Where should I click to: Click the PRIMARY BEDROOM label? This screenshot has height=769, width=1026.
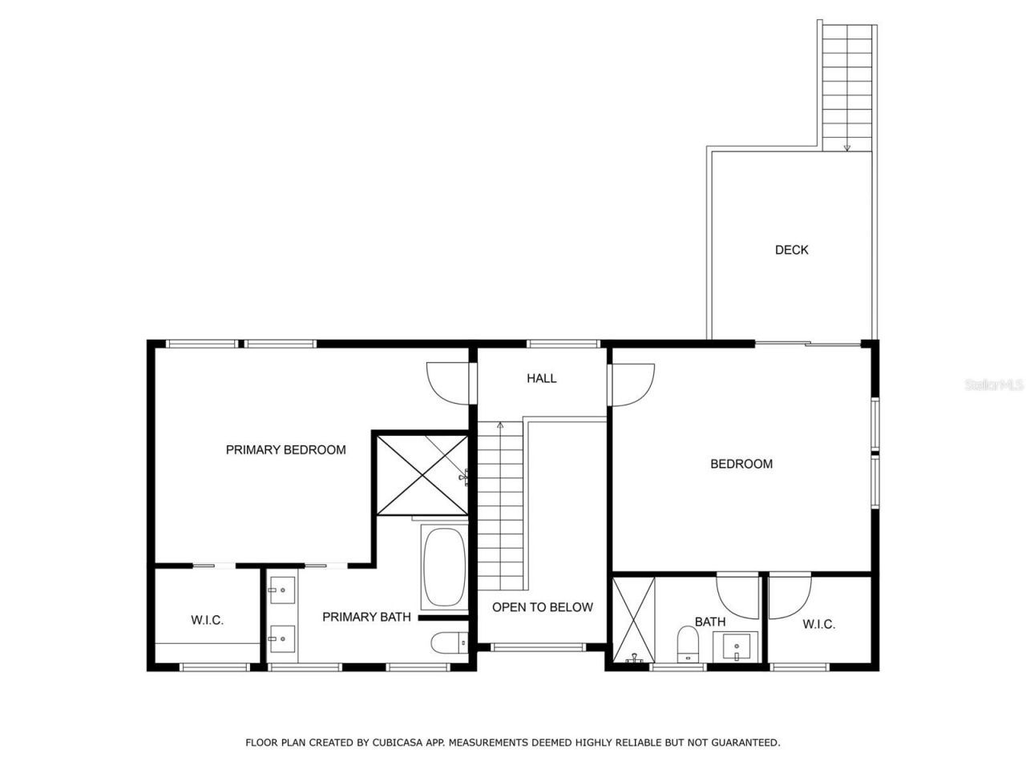[285, 450]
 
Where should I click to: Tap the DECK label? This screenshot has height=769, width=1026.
[791, 250]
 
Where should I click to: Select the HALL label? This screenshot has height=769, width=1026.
[541, 378]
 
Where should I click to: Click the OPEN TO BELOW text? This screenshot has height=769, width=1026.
[542, 607]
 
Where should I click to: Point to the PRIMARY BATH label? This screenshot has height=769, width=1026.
[366, 617]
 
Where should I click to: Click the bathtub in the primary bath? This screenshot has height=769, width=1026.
[443, 566]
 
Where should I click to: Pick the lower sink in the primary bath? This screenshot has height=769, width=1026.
[281, 639]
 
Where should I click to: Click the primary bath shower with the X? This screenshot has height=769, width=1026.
[422, 474]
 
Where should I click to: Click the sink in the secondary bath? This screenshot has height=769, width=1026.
[736, 646]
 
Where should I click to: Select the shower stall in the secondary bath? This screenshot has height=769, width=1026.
[633, 620]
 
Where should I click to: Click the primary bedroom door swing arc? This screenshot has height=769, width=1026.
[446, 383]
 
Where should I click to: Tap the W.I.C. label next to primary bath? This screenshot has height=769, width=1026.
[207, 620]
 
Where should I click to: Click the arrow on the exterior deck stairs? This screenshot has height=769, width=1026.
[846, 147]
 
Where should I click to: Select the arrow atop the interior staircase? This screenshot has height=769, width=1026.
[500, 425]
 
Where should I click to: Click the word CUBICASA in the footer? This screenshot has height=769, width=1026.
[399, 743]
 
